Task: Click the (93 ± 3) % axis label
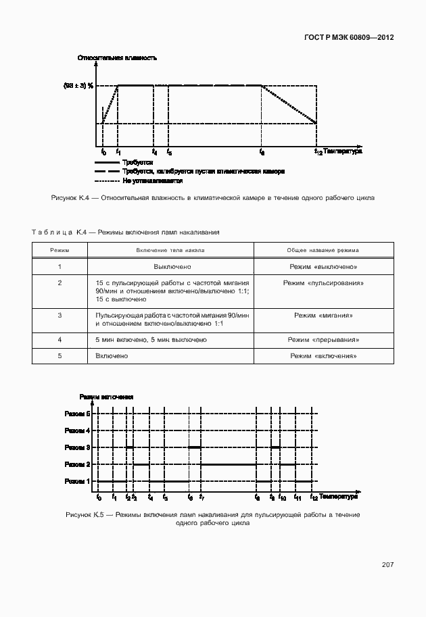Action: [78, 86]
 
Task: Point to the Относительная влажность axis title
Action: [117, 58]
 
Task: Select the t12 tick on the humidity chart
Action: [318, 152]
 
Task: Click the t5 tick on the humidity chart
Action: [169, 152]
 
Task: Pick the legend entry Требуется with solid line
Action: [138, 163]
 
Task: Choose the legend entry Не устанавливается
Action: [153, 180]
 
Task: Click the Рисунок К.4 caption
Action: [212, 197]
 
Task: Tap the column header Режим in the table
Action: [60, 250]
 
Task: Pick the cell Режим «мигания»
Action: [323, 316]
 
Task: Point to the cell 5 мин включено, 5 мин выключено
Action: [151, 339]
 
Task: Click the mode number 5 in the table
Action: [60, 355]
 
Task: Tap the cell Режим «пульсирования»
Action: [323, 282]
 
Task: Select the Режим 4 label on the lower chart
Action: [77, 430]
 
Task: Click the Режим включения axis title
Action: [106, 397]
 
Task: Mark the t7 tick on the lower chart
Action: [202, 498]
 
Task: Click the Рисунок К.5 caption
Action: [212, 518]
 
